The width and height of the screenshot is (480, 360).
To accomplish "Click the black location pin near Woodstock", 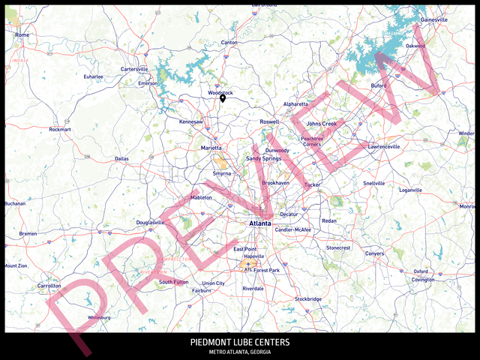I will pos(223,98).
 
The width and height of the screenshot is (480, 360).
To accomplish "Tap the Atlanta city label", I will pos(260,223).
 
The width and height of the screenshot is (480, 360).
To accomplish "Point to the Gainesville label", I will pos(434,19).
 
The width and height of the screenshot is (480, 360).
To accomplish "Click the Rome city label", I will pos(22,34).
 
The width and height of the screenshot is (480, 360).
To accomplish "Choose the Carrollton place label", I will pos(49,286).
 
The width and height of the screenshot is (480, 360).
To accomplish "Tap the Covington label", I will pos(423,280).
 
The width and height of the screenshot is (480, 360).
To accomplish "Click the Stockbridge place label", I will pos(308,299).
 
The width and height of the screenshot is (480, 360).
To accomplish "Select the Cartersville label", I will pos(135,69).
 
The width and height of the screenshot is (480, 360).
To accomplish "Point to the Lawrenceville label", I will pos(383,147).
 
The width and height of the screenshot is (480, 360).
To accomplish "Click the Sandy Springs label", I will pos(264,159).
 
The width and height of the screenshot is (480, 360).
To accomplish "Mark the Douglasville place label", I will pos(151,223).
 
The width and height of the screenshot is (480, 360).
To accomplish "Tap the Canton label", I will pos(229,42).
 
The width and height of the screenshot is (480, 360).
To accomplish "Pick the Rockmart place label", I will pos(60,129).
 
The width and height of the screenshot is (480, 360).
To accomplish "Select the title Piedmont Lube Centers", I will pos(240,343).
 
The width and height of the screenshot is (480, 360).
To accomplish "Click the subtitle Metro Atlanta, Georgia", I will pos(240,352).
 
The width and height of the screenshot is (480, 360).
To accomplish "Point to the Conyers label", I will pos(374,253).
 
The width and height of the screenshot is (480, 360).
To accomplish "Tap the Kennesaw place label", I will pos(190,121).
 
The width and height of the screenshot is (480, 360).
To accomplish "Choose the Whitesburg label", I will pos(100,317).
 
